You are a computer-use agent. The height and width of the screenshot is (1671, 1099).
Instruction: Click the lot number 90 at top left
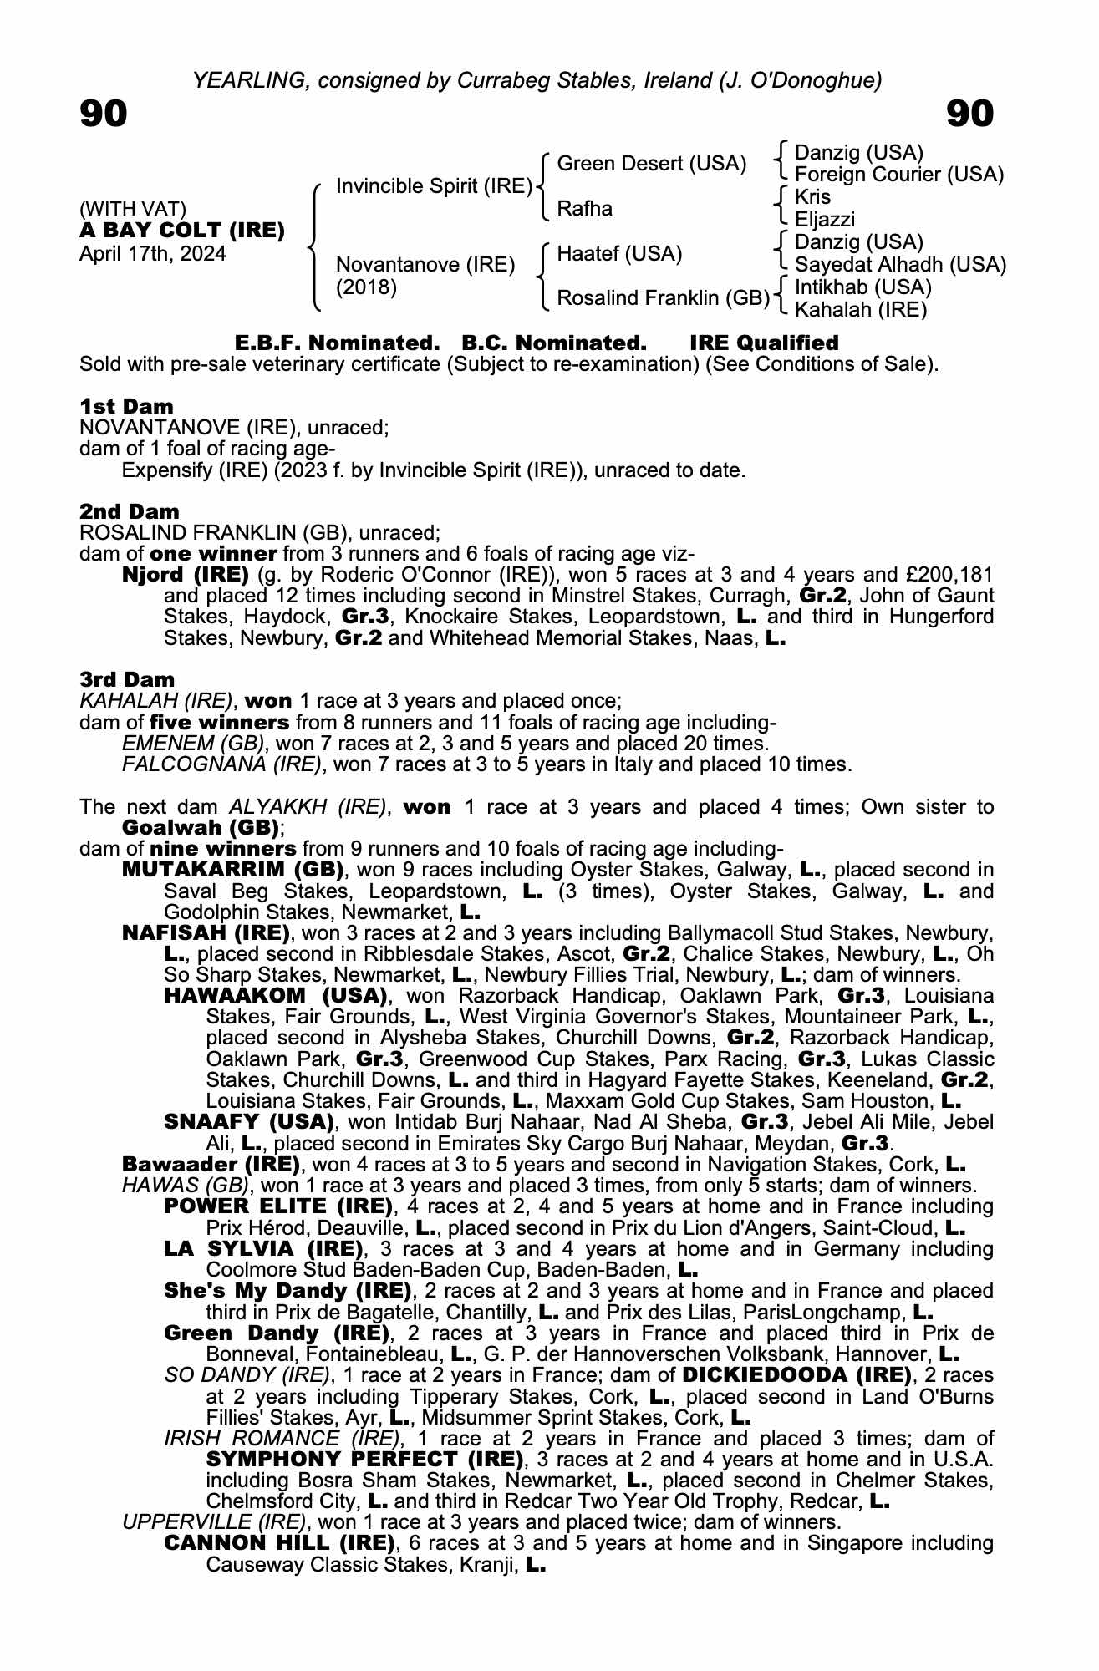pyautogui.click(x=104, y=114)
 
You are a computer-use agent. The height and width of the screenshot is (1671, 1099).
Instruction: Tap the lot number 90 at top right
pyautogui.click(x=969, y=114)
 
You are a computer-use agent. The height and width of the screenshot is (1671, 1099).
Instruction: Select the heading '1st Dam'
pyautogui.click(x=126, y=406)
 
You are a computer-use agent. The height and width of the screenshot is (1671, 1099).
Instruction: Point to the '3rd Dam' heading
pyautogui.click(x=127, y=679)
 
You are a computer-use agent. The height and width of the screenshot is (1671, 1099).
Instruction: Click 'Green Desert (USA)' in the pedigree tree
pyautogui.click(x=651, y=164)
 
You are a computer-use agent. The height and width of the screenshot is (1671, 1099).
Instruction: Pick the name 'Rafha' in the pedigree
pyautogui.click(x=584, y=208)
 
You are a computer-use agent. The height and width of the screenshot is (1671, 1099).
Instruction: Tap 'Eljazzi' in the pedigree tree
pyautogui.click(x=824, y=220)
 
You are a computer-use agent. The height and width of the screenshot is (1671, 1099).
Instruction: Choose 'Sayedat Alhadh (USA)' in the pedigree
pyautogui.click(x=900, y=265)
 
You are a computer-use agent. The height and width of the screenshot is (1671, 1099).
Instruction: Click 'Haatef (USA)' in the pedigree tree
pyautogui.click(x=619, y=253)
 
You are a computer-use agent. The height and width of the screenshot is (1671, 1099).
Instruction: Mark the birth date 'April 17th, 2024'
pyautogui.click(x=152, y=254)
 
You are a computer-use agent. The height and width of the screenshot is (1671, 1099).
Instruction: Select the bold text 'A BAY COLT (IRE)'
pyautogui.click(x=181, y=231)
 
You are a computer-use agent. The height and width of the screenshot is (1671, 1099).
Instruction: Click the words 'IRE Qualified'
pyautogui.click(x=764, y=343)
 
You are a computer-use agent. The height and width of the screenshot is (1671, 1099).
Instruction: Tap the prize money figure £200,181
pyautogui.click(x=951, y=575)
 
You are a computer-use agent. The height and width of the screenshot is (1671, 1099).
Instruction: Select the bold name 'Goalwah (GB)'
pyautogui.click(x=200, y=828)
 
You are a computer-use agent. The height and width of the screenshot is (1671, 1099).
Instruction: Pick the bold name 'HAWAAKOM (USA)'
pyautogui.click(x=276, y=996)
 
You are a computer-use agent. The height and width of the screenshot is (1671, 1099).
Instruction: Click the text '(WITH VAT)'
pyautogui.click(x=132, y=208)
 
